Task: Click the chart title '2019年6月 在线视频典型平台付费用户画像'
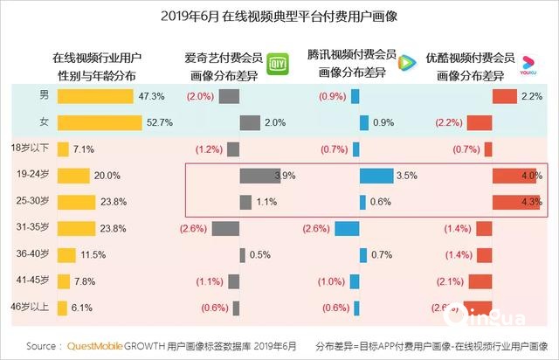(x=279, y=16)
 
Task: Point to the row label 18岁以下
(x=33, y=149)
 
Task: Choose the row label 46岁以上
(x=33, y=307)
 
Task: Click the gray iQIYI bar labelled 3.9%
(x=257, y=176)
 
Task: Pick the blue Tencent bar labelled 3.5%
(x=376, y=176)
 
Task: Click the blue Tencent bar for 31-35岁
(x=347, y=229)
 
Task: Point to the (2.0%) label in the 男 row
(x=200, y=95)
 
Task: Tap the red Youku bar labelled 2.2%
(x=504, y=95)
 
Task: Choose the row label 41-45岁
(x=33, y=280)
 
